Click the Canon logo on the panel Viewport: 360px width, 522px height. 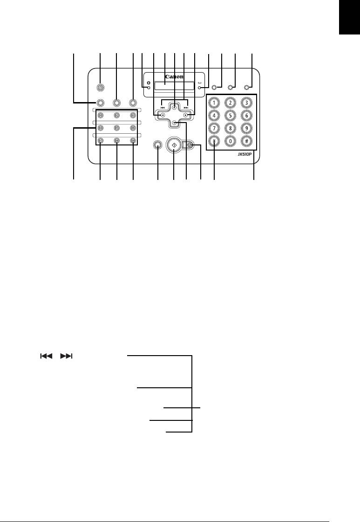pos(174,77)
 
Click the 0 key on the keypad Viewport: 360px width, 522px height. pos(230,142)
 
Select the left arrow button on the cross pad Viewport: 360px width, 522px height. pos(163,115)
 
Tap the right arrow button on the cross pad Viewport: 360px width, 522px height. pos(185,115)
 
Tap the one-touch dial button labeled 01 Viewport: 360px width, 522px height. pos(100,115)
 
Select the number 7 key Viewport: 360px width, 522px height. pos(214,128)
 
